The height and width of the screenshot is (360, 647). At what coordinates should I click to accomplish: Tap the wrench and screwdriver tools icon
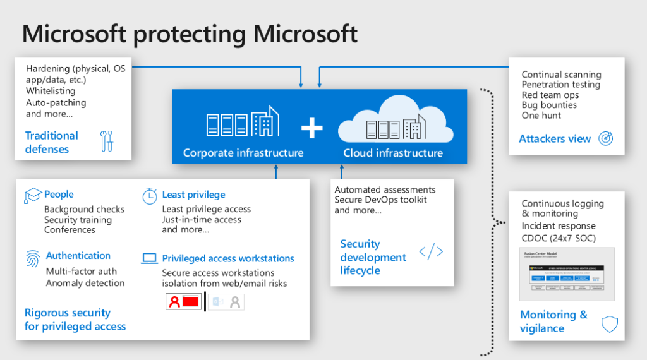107,141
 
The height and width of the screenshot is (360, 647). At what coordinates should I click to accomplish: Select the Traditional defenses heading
52,142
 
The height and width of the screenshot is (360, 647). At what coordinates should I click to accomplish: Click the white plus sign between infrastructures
311,128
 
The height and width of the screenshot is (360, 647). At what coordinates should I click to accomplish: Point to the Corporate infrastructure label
243,153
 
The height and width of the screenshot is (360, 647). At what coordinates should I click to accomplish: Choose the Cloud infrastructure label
393,153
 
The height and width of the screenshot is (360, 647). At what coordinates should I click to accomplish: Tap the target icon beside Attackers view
605,139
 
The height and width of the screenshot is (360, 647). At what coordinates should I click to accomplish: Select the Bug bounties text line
549,105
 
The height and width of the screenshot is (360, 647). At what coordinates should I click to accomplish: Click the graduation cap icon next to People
32,195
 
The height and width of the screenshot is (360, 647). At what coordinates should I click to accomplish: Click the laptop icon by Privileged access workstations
150,258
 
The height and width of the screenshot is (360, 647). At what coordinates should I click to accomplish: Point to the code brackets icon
431,251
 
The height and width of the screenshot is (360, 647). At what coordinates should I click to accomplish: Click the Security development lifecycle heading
373,257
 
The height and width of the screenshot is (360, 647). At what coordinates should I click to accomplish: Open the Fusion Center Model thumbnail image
566,273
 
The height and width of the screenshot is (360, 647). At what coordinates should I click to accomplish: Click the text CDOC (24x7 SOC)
559,238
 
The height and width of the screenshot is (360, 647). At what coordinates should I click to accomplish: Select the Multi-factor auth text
81,272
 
